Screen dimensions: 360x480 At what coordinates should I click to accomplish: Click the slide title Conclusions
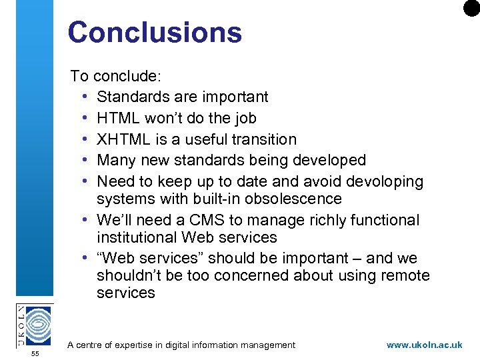[154, 32]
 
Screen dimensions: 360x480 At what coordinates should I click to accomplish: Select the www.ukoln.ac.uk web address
[424, 345]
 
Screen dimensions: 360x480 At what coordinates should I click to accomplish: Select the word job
[243, 118]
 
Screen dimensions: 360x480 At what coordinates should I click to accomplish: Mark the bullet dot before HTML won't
[87, 118]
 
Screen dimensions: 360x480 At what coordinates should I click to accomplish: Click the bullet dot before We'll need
[87, 220]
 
